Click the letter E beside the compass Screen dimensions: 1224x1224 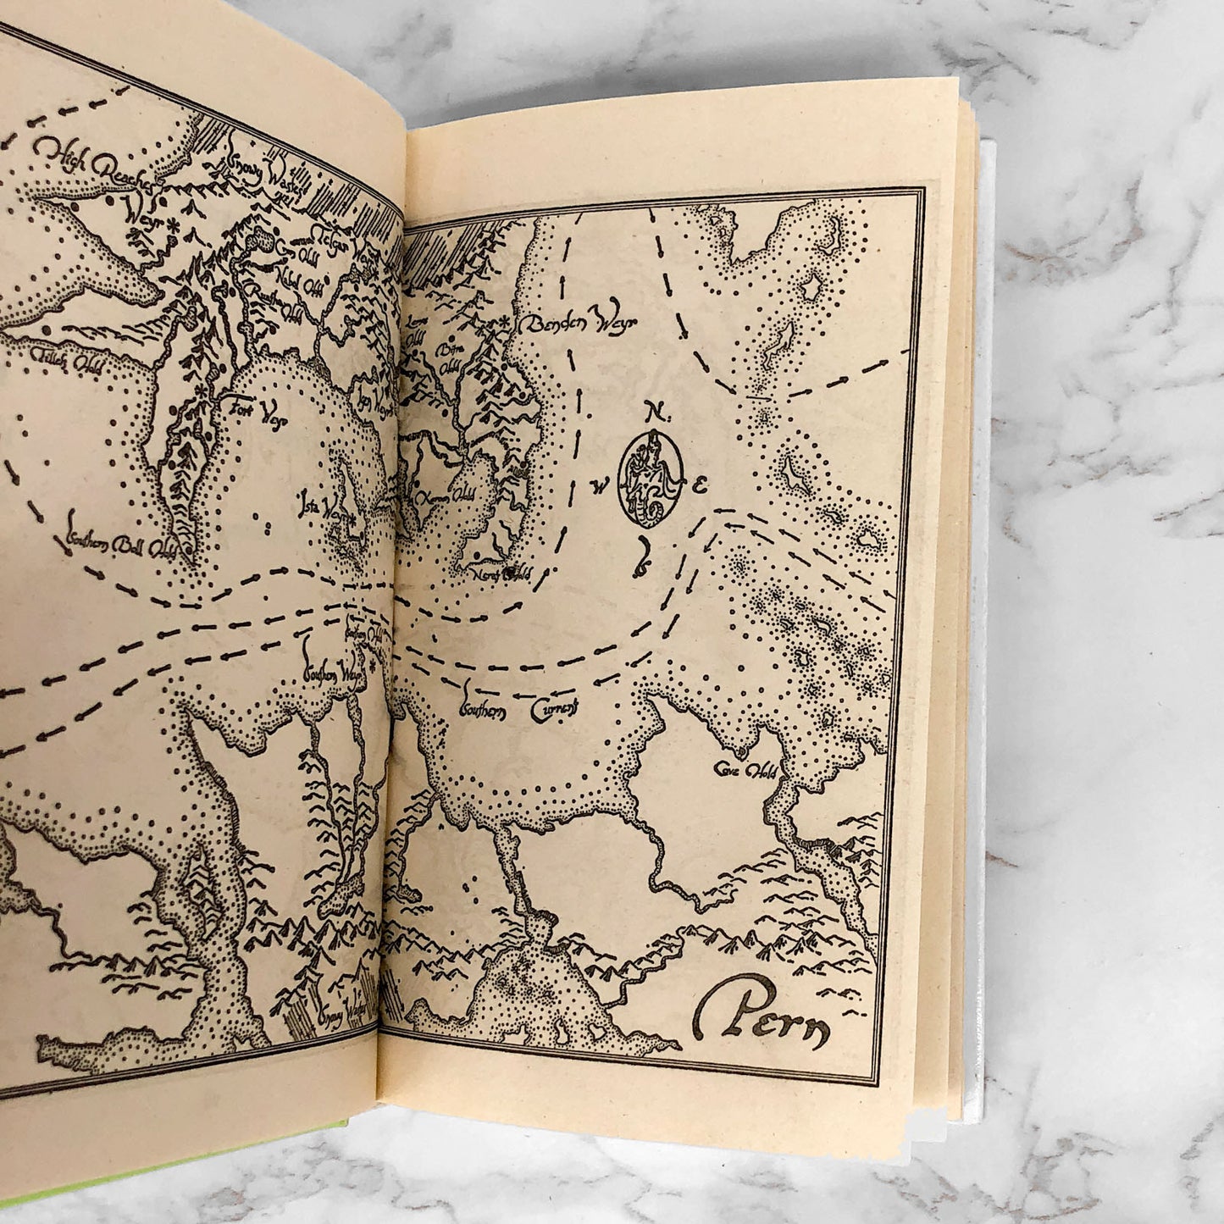pyautogui.click(x=700, y=485)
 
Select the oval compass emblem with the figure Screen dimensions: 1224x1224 pyautogui.click(x=651, y=480)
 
